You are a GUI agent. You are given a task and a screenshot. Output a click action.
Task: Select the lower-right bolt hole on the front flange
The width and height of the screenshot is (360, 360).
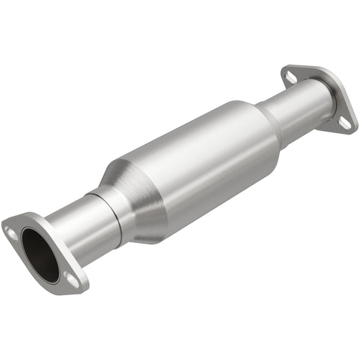[x=69, y=277]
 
